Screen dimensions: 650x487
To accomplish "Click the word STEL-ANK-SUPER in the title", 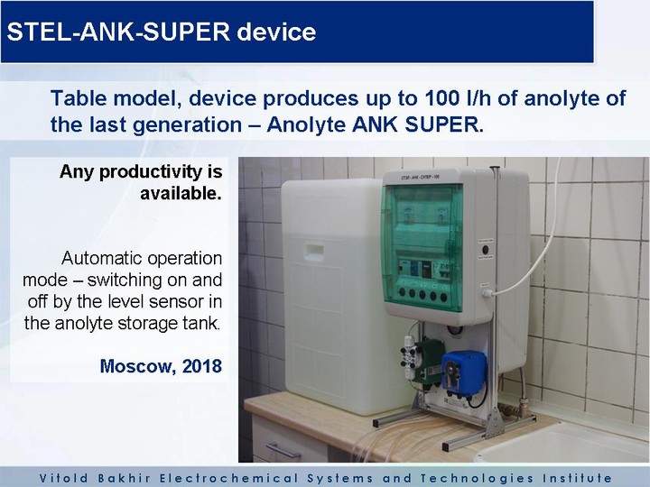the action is [118, 32].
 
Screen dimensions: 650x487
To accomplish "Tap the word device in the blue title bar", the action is [276, 32].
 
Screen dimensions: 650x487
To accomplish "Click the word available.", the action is [181, 193].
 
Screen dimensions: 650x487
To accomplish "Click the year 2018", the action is [202, 366].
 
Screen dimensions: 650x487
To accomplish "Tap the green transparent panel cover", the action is [422, 248].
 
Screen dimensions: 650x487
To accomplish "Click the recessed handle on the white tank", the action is [314, 251].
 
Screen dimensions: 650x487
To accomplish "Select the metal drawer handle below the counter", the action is [283, 450].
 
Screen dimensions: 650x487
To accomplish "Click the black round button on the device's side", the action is [485, 250].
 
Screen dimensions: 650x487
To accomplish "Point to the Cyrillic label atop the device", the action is [420, 178].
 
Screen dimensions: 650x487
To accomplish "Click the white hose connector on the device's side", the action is [487, 294].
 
